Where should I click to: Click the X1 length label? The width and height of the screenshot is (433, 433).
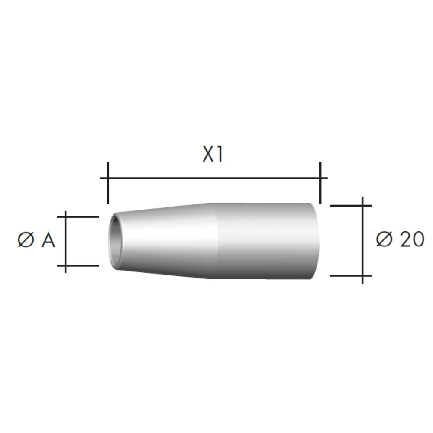coord(213,155)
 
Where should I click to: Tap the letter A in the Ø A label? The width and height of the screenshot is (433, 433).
coord(48,240)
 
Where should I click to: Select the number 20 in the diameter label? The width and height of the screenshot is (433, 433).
coord(410,239)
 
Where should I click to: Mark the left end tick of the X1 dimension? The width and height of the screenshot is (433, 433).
coord(108,182)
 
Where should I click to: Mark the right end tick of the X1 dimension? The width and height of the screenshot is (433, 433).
coord(320,182)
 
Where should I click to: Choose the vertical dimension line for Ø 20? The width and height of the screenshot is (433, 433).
coord(362,240)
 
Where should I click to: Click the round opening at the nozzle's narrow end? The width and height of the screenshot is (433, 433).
coord(116,241)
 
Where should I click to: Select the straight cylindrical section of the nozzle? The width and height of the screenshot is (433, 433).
coord(264,240)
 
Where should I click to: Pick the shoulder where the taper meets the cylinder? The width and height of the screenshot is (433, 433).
coord(212,240)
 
